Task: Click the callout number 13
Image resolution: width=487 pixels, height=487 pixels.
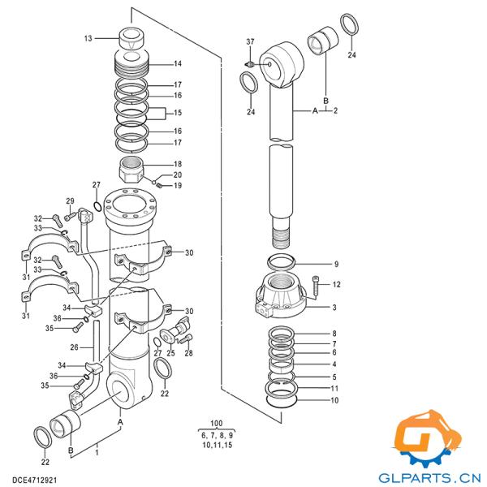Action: click(x=88, y=38)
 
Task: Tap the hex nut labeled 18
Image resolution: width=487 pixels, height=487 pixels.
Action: click(x=131, y=171)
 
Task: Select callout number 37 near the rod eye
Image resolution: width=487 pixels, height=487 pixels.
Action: click(x=250, y=42)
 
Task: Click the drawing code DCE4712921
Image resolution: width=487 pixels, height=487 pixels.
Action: click(x=34, y=481)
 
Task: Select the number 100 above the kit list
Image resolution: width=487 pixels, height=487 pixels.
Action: click(x=216, y=425)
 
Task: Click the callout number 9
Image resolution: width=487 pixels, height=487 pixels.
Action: click(x=336, y=264)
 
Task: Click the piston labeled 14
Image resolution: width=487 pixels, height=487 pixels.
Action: click(x=131, y=62)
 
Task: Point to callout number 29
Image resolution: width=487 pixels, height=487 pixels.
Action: click(x=70, y=201)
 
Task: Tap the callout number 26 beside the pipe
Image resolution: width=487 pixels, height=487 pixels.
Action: click(x=73, y=347)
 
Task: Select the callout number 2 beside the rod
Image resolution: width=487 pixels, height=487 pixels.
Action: click(x=335, y=110)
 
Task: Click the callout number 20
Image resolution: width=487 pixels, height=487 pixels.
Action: click(x=177, y=175)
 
